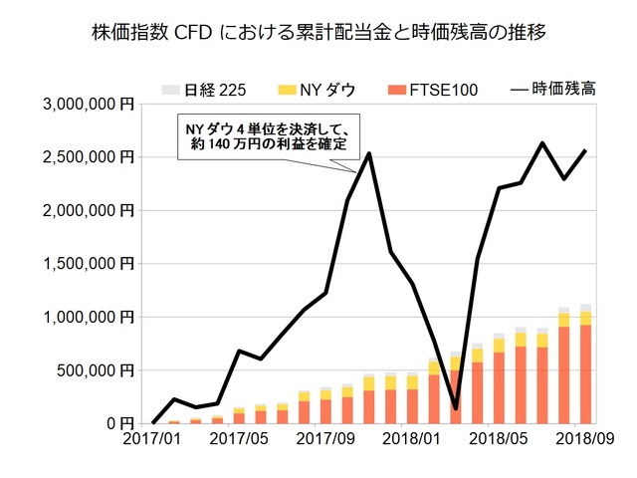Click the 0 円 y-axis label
(120, 423)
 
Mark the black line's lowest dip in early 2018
(456, 407)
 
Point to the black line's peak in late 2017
(369, 153)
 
